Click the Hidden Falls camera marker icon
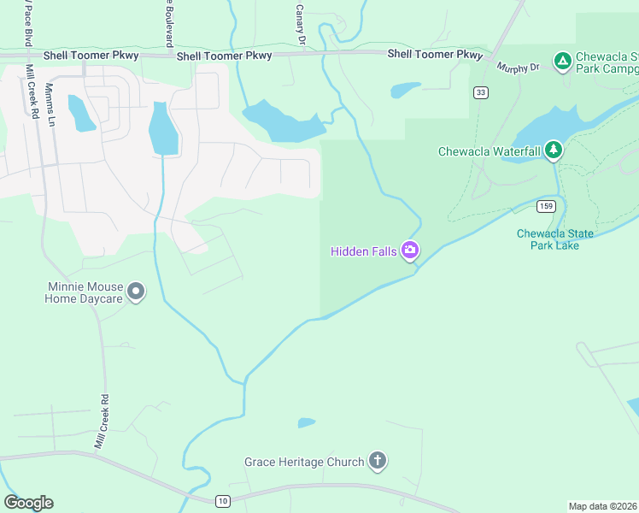tap(410, 250)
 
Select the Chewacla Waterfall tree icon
tap(554, 150)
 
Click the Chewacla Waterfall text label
tap(490, 151)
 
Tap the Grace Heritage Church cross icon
tap(378, 462)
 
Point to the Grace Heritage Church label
tap(304, 463)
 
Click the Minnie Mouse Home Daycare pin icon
tap(135, 292)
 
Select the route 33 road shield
tap(481, 92)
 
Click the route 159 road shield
tap(547, 206)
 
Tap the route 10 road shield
tap(223, 500)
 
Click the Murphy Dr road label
tap(519, 68)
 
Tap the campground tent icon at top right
tap(562, 60)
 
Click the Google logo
tap(28, 502)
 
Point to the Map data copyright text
tap(603, 505)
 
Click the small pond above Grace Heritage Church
tap(306, 422)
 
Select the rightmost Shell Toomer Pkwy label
tap(435, 54)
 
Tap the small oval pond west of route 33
tap(406, 89)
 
